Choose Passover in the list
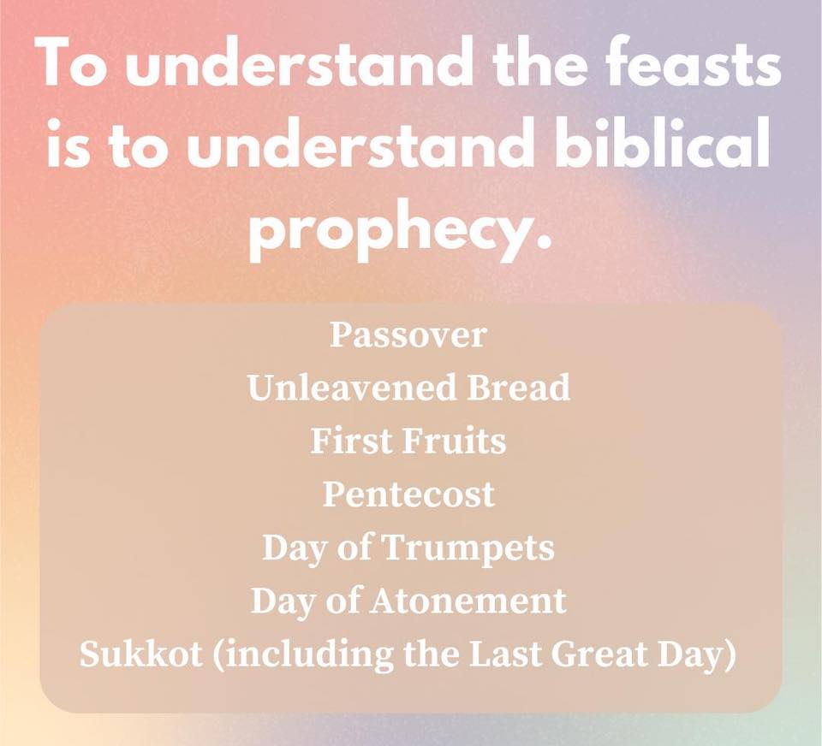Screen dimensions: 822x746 [x=408, y=335]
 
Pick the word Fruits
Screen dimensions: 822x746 [x=454, y=441]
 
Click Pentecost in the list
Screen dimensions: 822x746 [x=408, y=494]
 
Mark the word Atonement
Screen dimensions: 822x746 [x=468, y=601]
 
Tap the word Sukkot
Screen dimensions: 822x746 [x=141, y=654]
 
